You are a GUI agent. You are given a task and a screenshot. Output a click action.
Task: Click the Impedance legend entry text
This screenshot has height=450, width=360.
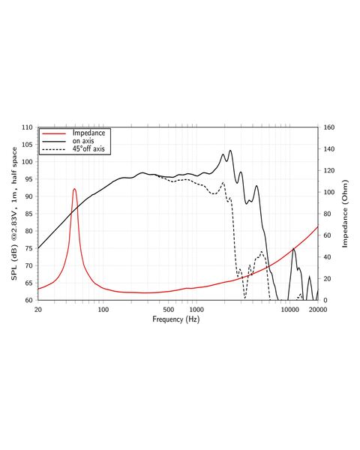[x=88, y=133]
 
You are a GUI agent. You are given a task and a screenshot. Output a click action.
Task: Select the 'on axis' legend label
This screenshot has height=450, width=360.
[x=83, y=141]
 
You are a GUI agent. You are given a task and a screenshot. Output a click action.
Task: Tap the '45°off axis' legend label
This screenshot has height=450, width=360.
[x=88, y=148]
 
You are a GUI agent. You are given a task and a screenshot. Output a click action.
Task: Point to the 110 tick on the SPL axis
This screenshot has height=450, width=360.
[x=27, y=127]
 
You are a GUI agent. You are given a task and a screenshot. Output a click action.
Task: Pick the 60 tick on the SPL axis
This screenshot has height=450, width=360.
[x=29, y=300]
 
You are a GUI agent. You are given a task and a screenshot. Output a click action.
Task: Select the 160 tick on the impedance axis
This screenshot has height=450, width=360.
[x=329, y=127]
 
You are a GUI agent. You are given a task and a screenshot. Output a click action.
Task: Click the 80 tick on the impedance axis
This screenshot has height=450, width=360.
[x=327, y=214]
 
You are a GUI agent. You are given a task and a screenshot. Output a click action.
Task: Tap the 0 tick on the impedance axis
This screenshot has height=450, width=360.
[x=325, y=300]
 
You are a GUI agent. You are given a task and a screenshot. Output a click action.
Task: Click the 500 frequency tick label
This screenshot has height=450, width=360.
[x=169, y=310]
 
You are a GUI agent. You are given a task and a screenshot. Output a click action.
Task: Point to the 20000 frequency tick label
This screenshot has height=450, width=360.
[x=317, y=310]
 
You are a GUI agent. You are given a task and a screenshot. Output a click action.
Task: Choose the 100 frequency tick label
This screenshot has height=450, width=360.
[x=103, y=310]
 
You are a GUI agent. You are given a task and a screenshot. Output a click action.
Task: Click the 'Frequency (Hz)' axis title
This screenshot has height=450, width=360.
[x=176, y=319]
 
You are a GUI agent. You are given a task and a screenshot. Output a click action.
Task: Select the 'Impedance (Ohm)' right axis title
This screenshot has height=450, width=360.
[x=345, y=214]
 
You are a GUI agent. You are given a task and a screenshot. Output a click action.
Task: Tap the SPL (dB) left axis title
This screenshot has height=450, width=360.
[x=14, y=214]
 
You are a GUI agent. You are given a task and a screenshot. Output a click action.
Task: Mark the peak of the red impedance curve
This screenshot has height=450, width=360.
[x=75, y=189]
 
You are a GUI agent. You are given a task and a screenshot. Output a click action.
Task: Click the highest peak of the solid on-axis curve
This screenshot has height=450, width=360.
[x=230, y=151]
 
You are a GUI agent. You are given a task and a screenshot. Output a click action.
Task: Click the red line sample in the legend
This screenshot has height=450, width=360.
[x=54, y=133]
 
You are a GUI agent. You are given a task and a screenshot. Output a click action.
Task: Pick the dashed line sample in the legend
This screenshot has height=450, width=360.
[x=54, y=149]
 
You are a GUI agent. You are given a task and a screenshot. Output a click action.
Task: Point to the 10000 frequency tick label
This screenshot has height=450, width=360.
[x=289, y=310]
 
